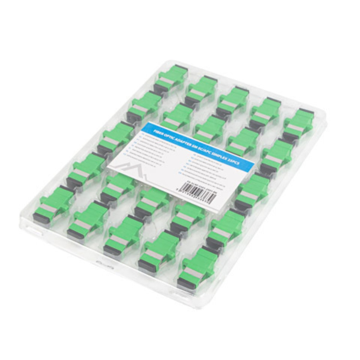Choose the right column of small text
[210, 171]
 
